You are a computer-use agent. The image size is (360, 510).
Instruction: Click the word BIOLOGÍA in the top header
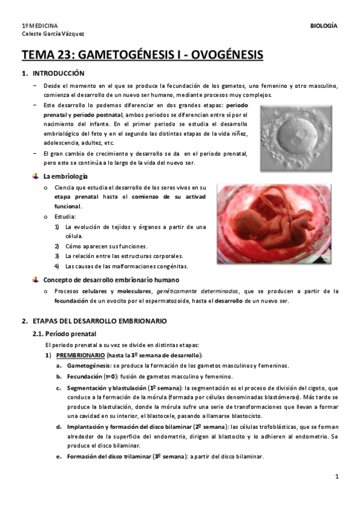coord(323,26)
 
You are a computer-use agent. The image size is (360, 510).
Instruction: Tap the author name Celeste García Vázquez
coord(53,34)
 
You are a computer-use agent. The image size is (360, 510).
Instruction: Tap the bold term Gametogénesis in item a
coord(88,366)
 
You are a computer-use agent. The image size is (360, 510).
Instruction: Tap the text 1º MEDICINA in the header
coord(40,26)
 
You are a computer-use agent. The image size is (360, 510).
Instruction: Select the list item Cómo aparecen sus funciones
coord(105,246)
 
